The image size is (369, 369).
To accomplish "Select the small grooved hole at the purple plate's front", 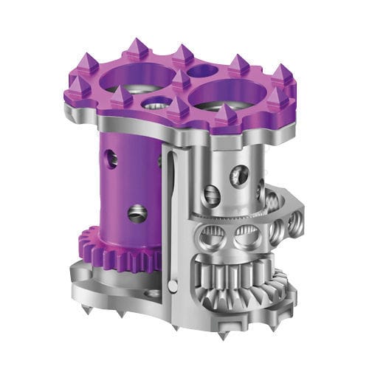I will (155, 104).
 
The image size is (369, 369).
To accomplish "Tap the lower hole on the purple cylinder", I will (137, 213).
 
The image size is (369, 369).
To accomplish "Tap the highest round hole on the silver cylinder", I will (238, 175).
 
